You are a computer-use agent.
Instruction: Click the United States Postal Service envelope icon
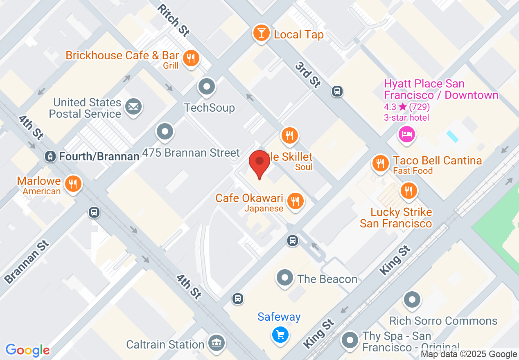(x=133, y=107)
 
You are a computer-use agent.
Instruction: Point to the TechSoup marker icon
(x=207, y=87)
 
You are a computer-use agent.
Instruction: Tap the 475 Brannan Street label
(x=191, y=153)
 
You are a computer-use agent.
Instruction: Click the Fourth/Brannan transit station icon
(x=50, y=156)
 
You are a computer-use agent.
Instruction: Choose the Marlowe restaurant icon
(x=73, y=184)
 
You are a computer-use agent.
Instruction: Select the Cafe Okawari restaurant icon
(x=294, y=201)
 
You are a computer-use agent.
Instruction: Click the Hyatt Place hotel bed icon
(x=406, y=134)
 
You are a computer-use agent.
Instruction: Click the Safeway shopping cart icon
(x=280, y=335)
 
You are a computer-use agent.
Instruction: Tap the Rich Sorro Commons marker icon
(x=412, y=300)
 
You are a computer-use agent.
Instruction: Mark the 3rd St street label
(x=308, y=75)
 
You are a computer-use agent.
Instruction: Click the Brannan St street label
(x=27, y=262)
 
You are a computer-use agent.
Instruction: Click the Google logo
(x=27, y=350)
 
